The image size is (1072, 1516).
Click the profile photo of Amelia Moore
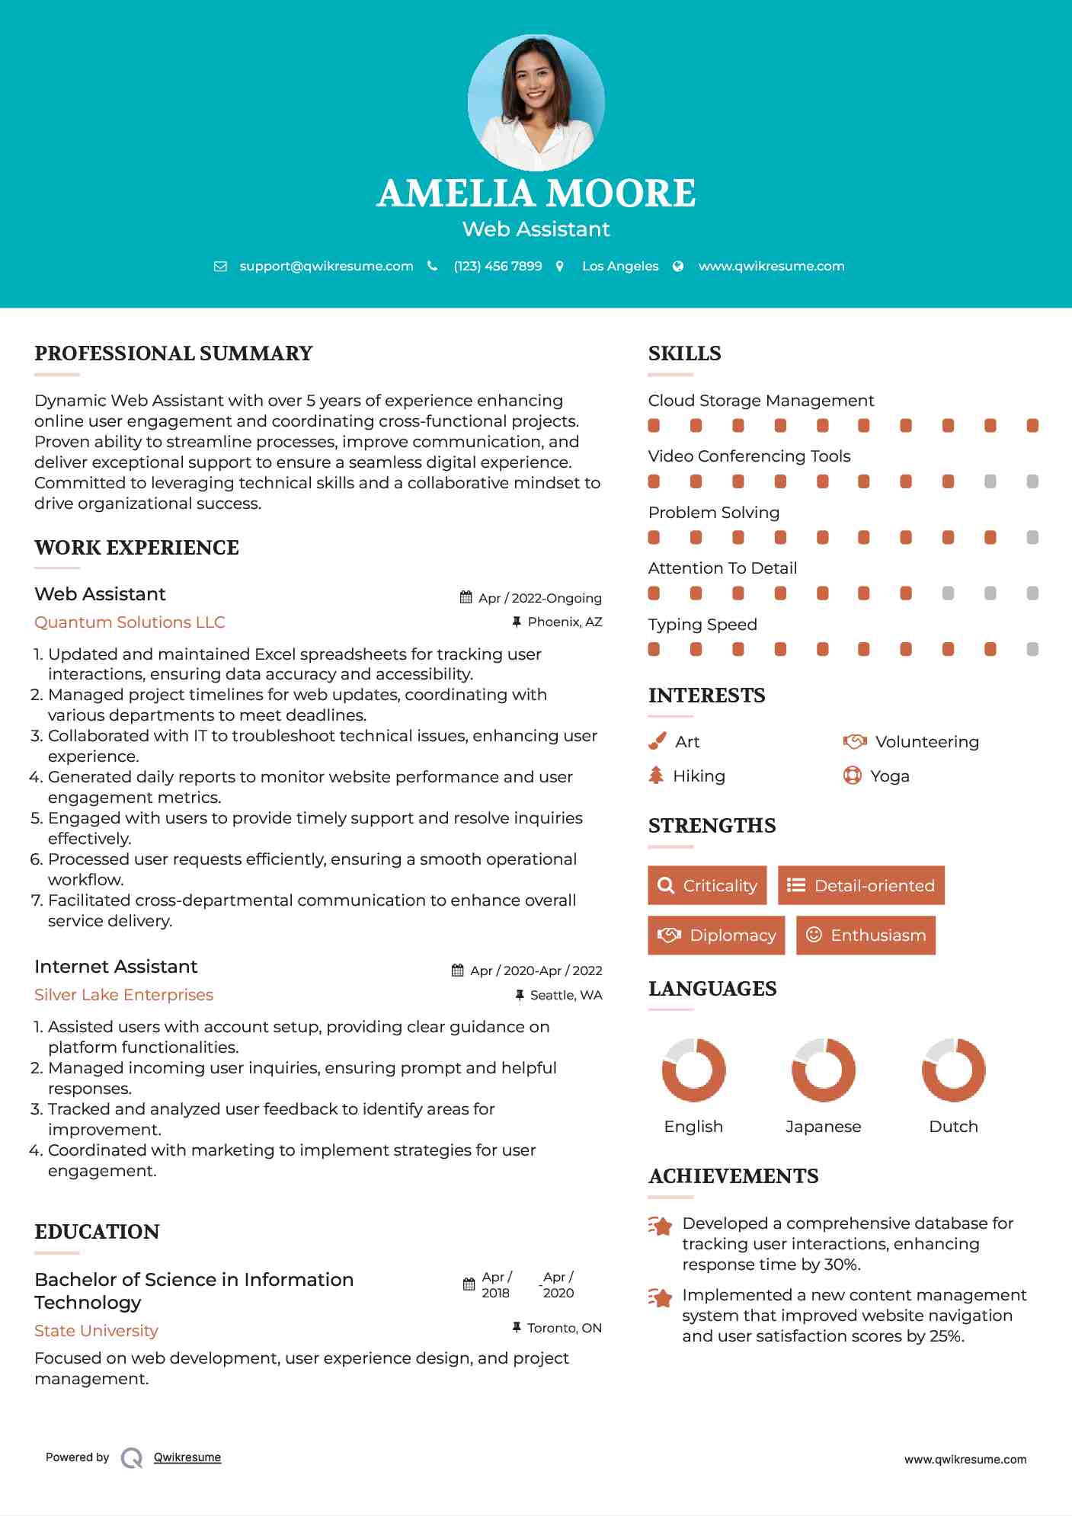pyautogui.click(x=536, y=102)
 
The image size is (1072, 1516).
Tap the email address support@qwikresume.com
pyautogui.click(x=326, y=266)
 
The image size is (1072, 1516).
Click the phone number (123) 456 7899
pyautogui.click(x=498, y=266)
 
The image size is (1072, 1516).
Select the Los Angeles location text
pyautogui.click(x=619, y=266)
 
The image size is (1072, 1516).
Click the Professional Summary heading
pyautogui.click(x=174, y=353)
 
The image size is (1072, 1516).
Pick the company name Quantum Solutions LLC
pyautogui.click(x=130, y=622)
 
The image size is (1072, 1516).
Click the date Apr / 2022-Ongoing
pyautogui.click(x=539, y=598)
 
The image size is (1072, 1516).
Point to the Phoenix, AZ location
pyautogui.click(x=565, y=622)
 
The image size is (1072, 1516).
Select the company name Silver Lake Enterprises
pyautogui.click(x=123, y=995)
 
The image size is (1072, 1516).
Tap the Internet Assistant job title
pyautogui.click(x=116, y=967)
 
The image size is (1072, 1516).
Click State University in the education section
pyautogui.click(x=96, y=1331)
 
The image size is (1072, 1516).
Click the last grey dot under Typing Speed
pyautogui.click(x=1032, y=649)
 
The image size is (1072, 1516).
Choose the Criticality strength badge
pyautogui.click(x=707, y=885)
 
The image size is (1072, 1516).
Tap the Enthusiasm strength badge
pyautogui.click(x=866, y=935)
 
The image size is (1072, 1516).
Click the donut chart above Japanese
pyautogui.click(x=823, y=1070)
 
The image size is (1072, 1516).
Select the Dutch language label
pyautogui.click(x=953, y=1127)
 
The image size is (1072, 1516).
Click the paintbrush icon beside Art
pyautogui.click(x=657, y=741)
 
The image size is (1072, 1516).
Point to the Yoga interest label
pyautogui.click(x=889, y=776)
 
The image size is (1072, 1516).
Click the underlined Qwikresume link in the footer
pyautogui.click(x=187, y=1457)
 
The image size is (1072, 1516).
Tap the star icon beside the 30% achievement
pyautogui.click(x=661, y=1226)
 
